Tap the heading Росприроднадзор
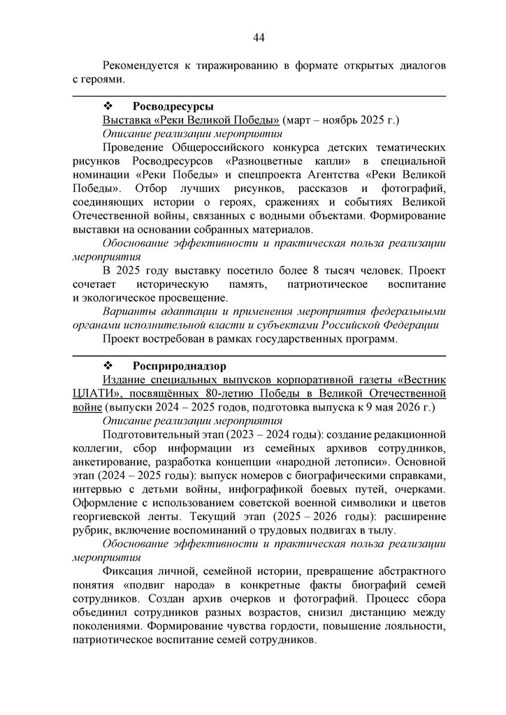[x=180, y=366]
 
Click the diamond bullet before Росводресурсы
[x=108, y=106]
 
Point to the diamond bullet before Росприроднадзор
[x=108, y=366]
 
